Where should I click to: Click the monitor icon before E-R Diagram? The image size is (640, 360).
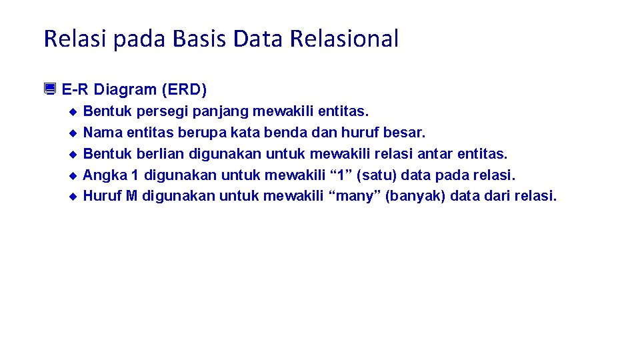pyautogui.click(x=50, y=89)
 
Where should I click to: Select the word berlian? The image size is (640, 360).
pyautogui.click(x=161, y=154)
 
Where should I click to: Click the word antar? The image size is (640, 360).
pyautogui.click(x=435, y=154)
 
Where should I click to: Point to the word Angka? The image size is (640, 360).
pyautogui.click(x=102, y=175)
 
